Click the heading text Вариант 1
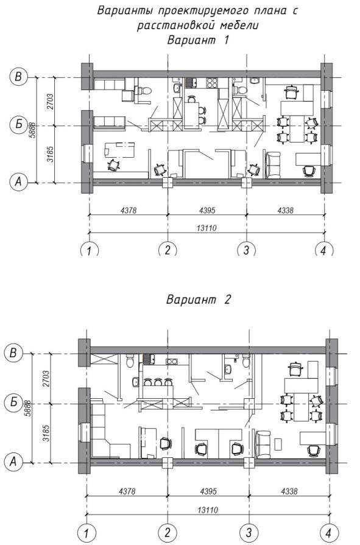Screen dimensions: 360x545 (x=198, y=40)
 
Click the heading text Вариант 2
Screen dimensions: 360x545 (x=198, y=299)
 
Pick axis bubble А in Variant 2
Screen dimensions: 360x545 (x=13, y=462)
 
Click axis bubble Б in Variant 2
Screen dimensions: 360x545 (x=13, y=403)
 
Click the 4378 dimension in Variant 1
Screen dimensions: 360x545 (x=129, y=210)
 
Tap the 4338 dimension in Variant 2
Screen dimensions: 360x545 (x=289, y=491)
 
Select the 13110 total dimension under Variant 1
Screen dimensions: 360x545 (x=206, y=228)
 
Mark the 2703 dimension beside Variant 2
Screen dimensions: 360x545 (x=46, y=379)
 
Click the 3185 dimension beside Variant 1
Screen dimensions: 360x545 (x=50, y=154)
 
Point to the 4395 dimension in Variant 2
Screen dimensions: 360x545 (x=208, y=491)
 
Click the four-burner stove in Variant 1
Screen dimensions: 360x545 (x=212, y=83)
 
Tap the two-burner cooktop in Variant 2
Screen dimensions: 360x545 (x=171, y=362)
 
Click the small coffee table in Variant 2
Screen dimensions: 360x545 (x=278, y=443)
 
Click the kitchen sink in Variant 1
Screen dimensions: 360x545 (x=191, y=83)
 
